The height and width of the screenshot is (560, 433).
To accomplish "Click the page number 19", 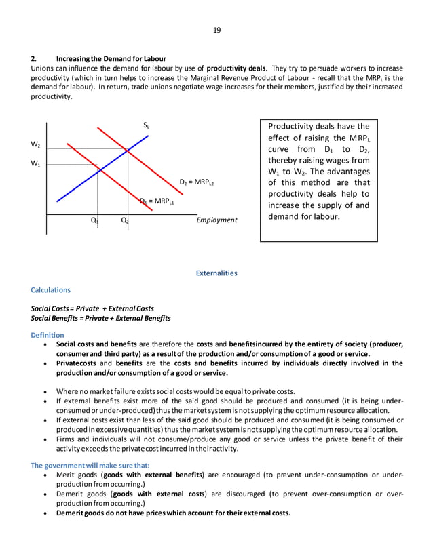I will point(216,30).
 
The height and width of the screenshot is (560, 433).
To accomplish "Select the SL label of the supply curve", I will point(146,125).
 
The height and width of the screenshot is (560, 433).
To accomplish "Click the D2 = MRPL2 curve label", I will point(197,183).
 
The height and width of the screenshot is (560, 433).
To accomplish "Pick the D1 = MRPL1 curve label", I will point(157,201).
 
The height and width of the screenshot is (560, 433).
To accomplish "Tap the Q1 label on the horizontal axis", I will point(94,221).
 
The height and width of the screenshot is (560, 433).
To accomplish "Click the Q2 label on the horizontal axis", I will point(125,221).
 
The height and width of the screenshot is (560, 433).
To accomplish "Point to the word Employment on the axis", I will point(216,220).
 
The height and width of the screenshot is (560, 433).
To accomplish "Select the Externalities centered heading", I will point(216,273).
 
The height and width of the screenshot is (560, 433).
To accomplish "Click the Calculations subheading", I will point(51,290).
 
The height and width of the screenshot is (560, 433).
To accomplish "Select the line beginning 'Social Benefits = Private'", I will point(101,318).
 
